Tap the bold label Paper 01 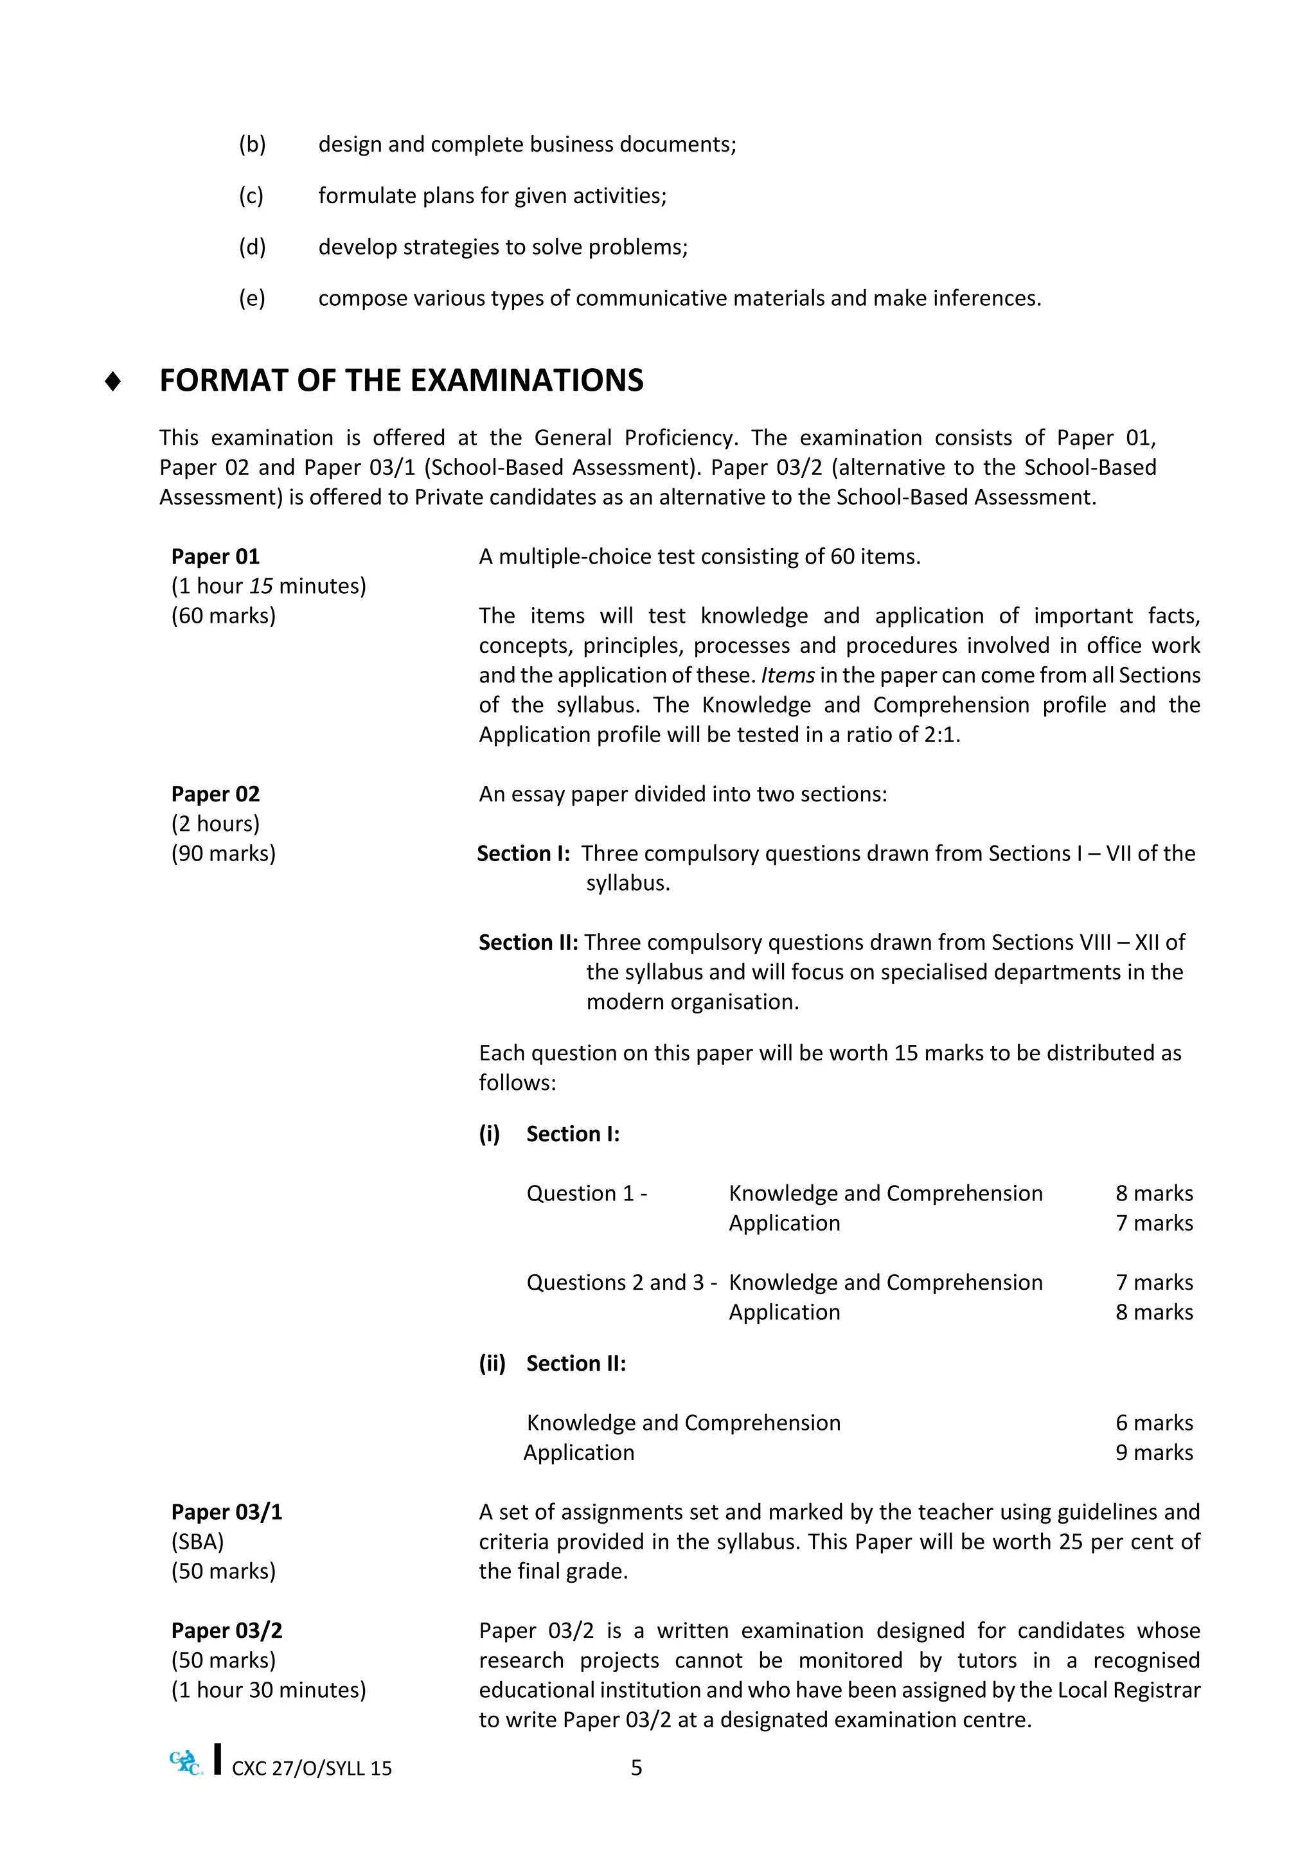click(x=215, y=557)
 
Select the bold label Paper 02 click(x=215, y=794)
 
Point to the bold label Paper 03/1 click(x=226, y=1513)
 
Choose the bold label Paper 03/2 click(x=226, y=1631)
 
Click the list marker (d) click(x=252, y=247)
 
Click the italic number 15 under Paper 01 click(x=261, y=586)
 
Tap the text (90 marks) click(x=223, y=853)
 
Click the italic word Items click(x=787, y=676)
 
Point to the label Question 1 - click(x=586, y=1194)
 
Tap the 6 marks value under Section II click(x=1153, y=1423)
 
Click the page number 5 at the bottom click(x=636, y=1768)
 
